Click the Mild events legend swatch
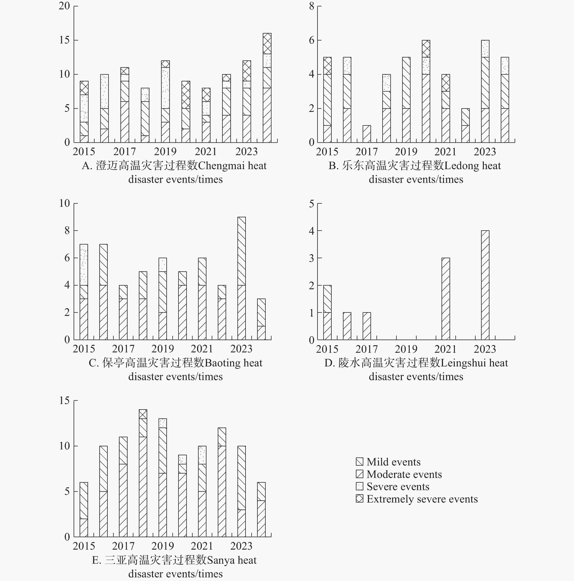click(360, 462)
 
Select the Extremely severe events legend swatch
click(360, 499)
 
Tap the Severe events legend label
click(398, 487)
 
